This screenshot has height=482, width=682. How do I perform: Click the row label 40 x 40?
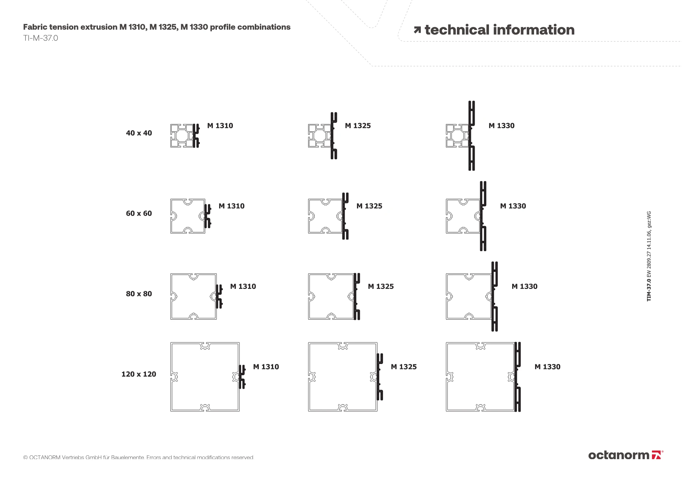(x=139, y=133)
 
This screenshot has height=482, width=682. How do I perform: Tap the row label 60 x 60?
(x=139, y=214)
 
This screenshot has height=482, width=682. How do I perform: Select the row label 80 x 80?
(x=139, y=294)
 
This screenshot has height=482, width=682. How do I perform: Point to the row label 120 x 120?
(x=139, y=374)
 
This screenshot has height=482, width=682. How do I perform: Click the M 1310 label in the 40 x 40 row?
(x=220, y=126)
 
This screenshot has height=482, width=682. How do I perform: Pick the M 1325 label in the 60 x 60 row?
(x=369, y=206)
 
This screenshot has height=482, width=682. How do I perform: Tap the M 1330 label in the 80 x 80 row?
(x=524, y=287)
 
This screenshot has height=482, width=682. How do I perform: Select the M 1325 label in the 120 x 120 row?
(x=403, y=367)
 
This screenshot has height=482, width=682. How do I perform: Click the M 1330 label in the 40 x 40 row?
(x=501, y=126)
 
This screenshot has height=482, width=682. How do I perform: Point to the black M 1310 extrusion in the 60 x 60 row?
(x=207, y=216)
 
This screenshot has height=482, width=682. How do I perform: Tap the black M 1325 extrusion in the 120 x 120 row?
(x=379, y=377)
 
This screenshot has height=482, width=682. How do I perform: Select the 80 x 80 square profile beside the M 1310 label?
(x=193, y=296)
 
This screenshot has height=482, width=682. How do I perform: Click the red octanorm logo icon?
(x=656, y=455)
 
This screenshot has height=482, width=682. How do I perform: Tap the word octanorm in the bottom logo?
(x=619, y=455)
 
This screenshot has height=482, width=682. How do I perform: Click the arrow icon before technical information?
(x=417, y=30)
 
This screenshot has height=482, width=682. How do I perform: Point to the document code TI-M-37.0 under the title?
(x=41, y=38)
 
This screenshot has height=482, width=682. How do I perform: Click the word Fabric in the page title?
(x=35, y=27)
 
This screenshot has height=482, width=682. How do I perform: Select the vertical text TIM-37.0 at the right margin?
(x=649, y=290)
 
